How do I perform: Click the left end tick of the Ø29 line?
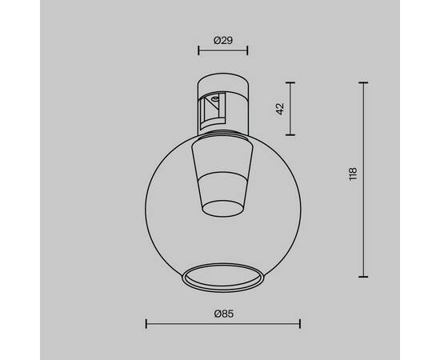(198, 52)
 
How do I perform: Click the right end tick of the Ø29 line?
(247, 52)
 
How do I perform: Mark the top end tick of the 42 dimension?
(290, 82)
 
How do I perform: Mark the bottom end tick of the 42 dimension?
(290, 134)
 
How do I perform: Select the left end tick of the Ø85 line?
(146, 324)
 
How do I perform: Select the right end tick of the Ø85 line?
(299, 324)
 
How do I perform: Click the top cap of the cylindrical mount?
(222, 82)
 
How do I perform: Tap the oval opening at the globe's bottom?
(222, 278)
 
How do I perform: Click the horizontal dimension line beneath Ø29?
(222, 52)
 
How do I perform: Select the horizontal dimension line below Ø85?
(222, 324)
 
